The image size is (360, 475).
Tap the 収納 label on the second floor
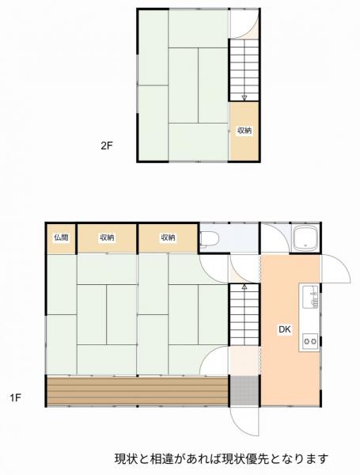tap(244, 131)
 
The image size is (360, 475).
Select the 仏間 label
tap(61, 237)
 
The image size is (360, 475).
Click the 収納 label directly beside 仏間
tap(107, 237)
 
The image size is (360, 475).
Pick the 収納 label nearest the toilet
tap(167, 237)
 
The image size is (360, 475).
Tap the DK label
tap(283, 330)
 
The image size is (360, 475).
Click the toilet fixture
tap(209, 237)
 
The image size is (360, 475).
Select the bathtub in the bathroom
tap(305, 238)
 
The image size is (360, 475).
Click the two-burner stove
tap(309, 341)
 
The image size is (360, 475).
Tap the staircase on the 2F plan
tap(244, 71)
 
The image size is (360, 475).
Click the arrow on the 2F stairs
tap(244, 97)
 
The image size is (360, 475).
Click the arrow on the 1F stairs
tap(244, 290)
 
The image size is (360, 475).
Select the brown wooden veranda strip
tap(137, 389)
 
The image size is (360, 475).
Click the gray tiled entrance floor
tap(244, 389)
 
